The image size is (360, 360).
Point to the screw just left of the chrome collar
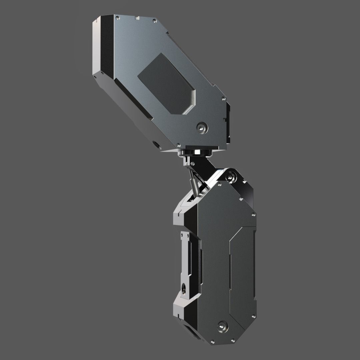(179, 146)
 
